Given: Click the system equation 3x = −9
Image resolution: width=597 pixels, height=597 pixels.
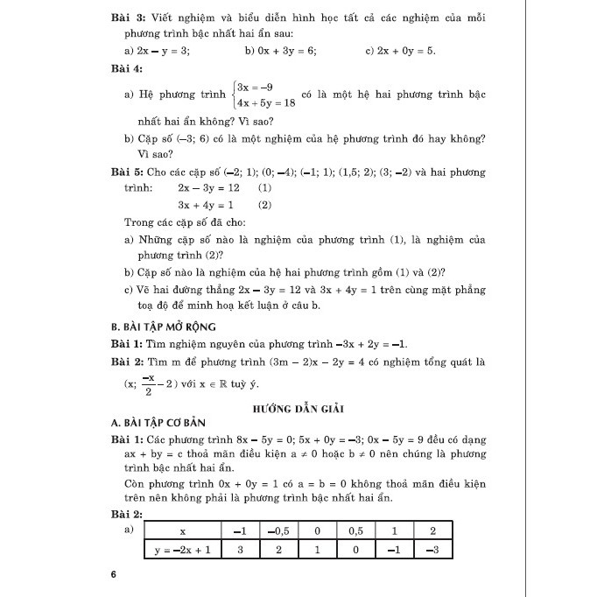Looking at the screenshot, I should [260, 87].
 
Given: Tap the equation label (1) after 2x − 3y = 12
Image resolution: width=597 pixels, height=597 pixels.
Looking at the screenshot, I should [265, 188].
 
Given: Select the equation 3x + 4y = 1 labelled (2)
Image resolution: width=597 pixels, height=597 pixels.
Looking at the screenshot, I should [204, 205].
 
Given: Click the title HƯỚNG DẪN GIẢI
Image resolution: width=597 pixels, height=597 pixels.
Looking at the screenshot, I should [298, 409].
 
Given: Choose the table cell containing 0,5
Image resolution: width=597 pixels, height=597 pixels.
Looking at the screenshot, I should [354, 531].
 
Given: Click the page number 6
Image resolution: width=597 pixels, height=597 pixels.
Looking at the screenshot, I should [114, 575].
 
